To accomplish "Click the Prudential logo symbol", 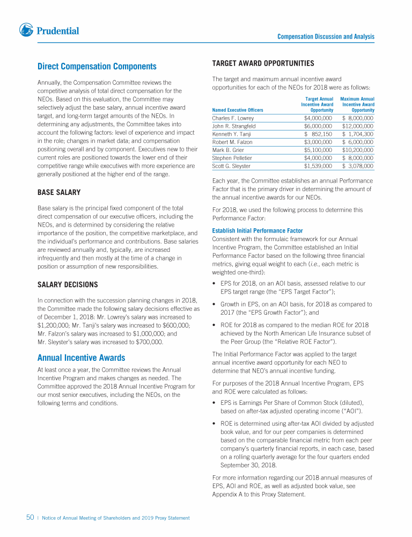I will pyautogui.click(x=26, y=30).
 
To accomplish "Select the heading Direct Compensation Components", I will pyautogui.click(x=97, y=67).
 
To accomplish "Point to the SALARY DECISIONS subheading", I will pyautogui.click(x=68, y=284).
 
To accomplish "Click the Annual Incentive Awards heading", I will pyautogui.click(x=81, y=358).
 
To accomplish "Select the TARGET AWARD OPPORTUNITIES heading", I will pyautogui.click(x=263, y=63).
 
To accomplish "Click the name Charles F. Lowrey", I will pyautogui.click(x=233, y=118).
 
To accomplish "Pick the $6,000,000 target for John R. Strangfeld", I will pyautogui.click(x=318, y=126).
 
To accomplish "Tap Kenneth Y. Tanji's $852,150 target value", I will pyautogui.click(x=318, y=134).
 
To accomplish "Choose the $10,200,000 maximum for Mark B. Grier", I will pyautogui.click(x=357, y=150).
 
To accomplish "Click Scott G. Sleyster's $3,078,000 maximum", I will pyautogui.click(x=358, y=166).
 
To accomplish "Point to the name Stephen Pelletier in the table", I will pyautogui.click(x=232, y=158).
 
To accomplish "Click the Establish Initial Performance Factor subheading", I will pyautogui.click(x=257, y=230).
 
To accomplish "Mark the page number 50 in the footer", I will pyautogui.click(x=31, y=518).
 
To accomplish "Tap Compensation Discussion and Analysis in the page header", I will pyautogui.click(x=326, y=37).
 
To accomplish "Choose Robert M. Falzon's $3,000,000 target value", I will pyautogui.click(x=318, y=142).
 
